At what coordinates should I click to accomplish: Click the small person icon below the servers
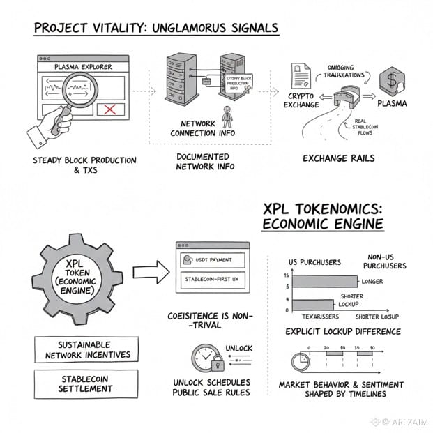[x=225, y=114]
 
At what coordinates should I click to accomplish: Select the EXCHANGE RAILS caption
[x=338, y=158]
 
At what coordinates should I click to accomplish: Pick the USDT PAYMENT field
[x=213, y=260]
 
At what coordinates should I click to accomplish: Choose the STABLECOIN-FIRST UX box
[x=213, y=279]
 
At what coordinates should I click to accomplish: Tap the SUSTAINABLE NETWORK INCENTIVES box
[x=86, y=349]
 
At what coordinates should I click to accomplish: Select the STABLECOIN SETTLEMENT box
[x=86, y=383]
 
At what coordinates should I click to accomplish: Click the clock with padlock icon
[x=208, y=360]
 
